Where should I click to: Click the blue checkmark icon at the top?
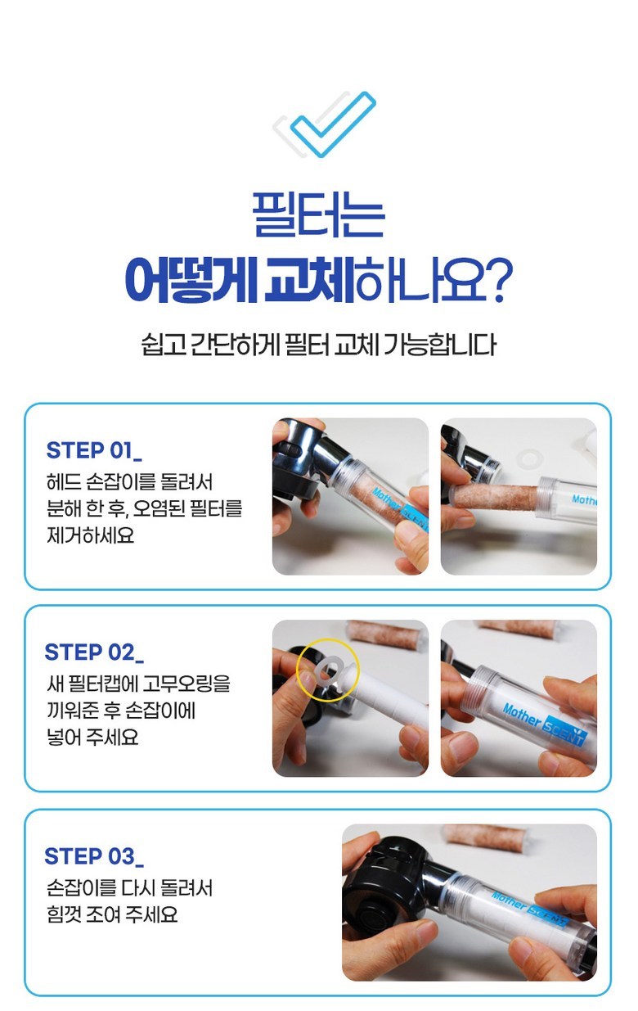pos(333,124)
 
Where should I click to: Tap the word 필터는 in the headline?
pos(318,214)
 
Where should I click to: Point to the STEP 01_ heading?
pos(94,450)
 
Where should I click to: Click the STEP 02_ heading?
pos(94,652)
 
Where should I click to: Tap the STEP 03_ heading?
pos(94,856)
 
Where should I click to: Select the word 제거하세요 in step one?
pos(90,535)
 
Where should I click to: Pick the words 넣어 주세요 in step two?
pos(92,738)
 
